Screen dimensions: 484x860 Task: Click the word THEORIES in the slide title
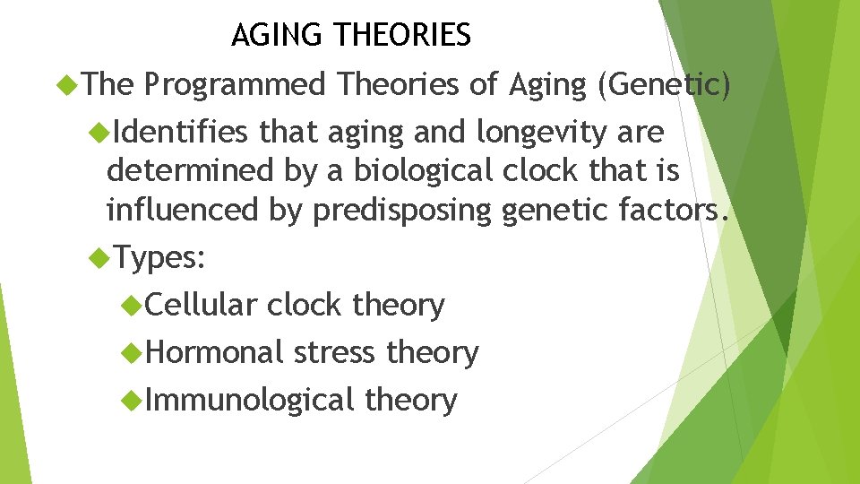pos(401,35)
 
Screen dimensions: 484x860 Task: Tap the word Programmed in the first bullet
pos(235,84)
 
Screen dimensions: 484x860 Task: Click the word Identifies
pos(181,133)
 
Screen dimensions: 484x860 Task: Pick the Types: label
pos(161,258)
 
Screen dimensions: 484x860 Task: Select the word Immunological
pos(249,400)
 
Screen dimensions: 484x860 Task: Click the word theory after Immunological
pos(410,400)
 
